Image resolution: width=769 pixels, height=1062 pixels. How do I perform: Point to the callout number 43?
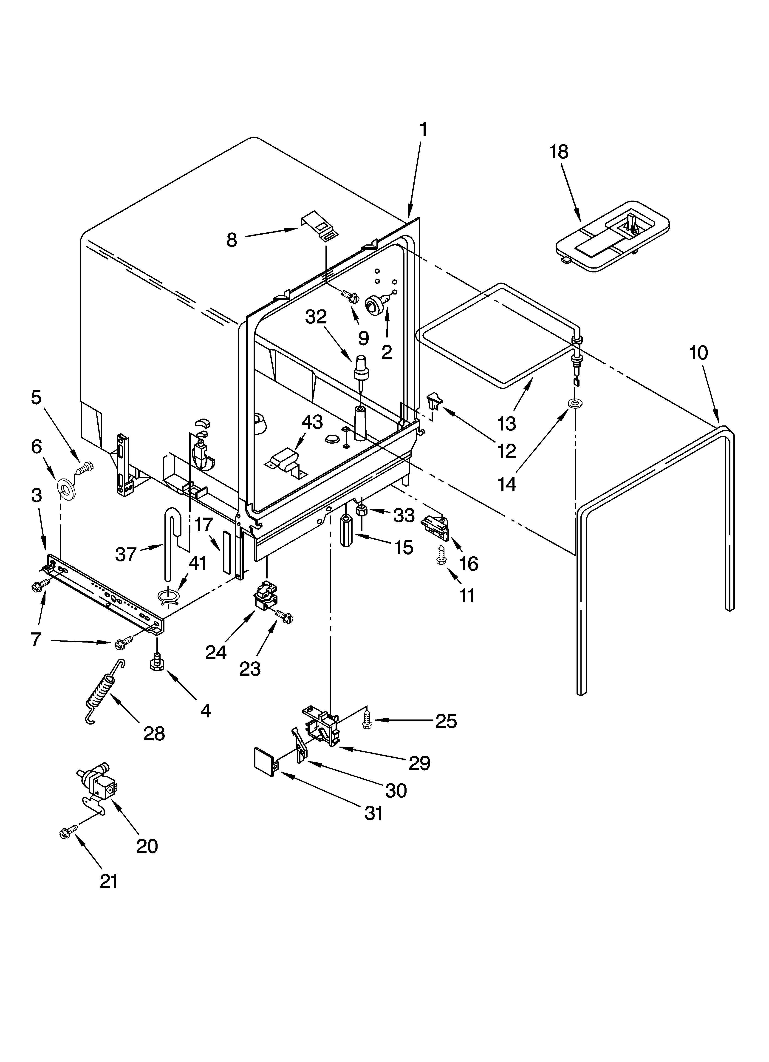pyautogui.click(x=312, y=422)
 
